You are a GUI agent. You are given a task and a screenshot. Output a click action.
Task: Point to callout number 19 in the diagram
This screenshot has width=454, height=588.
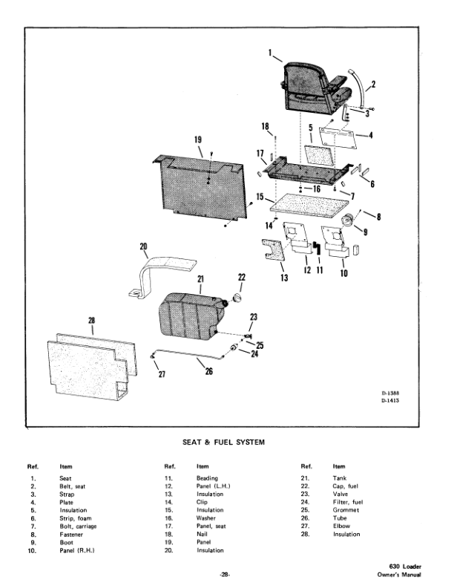(197, 140)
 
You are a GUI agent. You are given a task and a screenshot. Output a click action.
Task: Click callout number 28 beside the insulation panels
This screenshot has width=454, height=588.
(92, 321)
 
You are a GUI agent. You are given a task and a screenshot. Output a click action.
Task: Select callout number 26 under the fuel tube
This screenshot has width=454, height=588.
(208, 371)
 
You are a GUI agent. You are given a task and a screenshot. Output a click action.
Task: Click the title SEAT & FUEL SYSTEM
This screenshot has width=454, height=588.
(224, 442)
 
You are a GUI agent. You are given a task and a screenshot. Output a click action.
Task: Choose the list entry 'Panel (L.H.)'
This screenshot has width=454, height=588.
(214, 486)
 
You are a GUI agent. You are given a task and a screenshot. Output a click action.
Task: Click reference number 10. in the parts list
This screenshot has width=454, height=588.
(33, 550)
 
